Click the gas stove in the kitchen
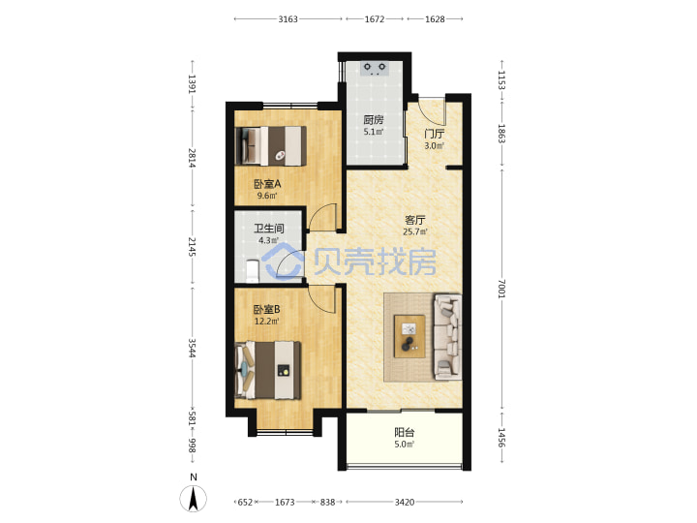375,69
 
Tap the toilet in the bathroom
252,271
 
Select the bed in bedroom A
270,146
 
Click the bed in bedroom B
267,370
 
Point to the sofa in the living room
447,337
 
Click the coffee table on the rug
409,336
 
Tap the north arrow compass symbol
193,498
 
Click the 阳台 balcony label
404,432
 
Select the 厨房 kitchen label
373,120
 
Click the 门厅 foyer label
434,134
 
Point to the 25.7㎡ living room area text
414,231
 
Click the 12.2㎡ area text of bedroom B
267,322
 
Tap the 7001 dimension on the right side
501,289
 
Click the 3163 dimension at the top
288,19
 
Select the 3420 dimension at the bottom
405,502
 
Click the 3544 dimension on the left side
192,348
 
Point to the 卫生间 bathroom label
269,229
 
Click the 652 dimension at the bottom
245,502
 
